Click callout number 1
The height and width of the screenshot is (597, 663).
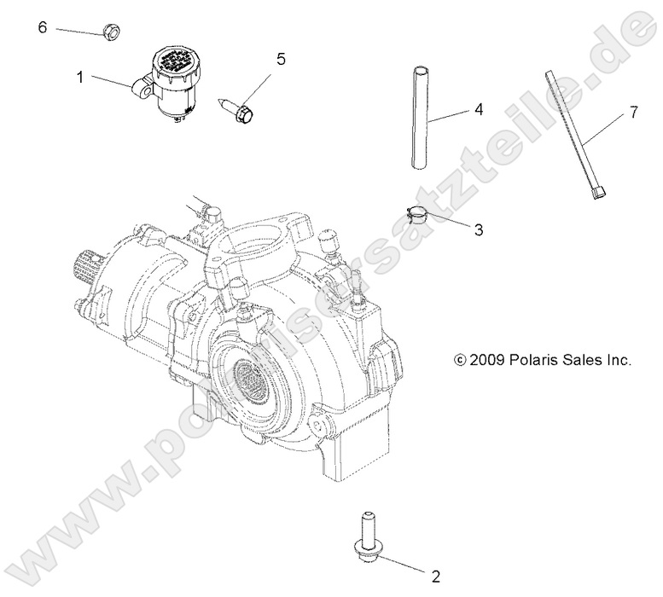coord(80,77)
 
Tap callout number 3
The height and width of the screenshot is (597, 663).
coord(478,229)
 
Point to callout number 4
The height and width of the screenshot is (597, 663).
coord(479,109)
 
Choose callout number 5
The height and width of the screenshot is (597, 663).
coord(280,59)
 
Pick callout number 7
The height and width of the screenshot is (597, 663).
coord(632,112)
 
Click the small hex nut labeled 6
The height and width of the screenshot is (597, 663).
coord(108,33)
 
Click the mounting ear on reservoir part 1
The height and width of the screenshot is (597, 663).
coord(141,85)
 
